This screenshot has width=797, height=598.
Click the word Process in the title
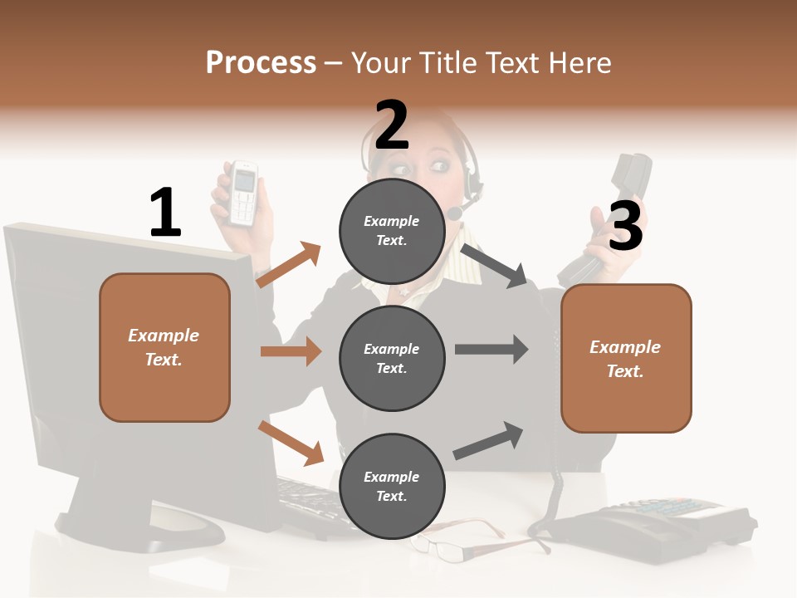coord(261,63)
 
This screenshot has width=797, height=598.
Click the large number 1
coord(165,213)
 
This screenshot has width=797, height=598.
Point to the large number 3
coord(626,227)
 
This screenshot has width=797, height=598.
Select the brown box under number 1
coord(164,347)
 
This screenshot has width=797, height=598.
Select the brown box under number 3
coord(626,358)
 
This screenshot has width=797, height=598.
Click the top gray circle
coord(392,230)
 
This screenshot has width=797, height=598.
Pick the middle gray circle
coord(392,358)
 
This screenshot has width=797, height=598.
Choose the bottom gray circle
coord(392,486)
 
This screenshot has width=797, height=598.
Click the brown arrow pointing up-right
coord(289,265)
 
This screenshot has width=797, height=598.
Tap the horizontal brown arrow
coord(291,351)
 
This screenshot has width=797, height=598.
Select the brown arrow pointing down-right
coord(291,441)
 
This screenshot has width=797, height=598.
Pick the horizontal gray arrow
coord(491,350)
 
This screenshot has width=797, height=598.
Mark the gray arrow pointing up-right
coord(488,440)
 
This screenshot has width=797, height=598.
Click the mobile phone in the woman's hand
coord(242,193)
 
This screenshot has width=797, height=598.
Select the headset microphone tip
coord(455,213)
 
